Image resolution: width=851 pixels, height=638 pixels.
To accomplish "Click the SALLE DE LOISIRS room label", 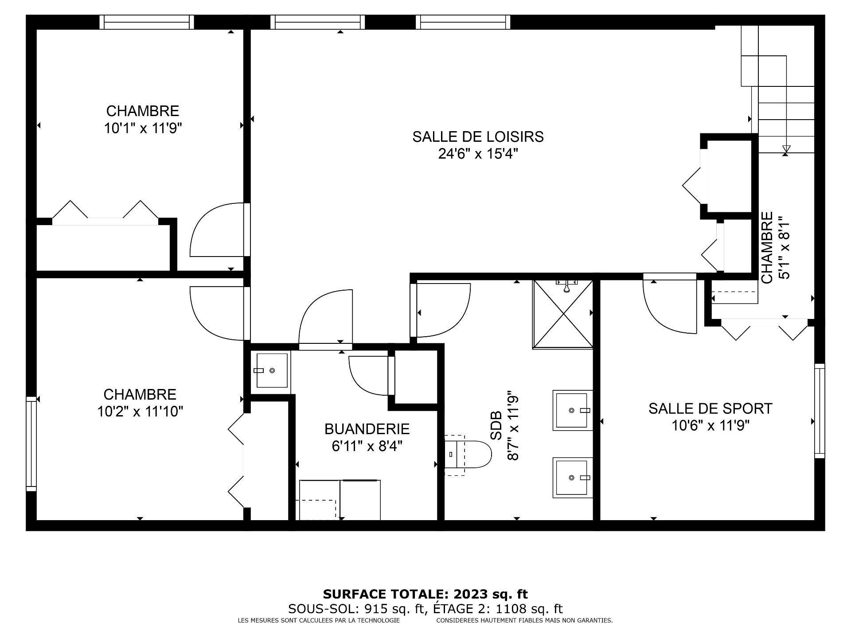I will [478, 136].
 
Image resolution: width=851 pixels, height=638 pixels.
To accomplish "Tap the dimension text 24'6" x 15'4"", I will [478, 154].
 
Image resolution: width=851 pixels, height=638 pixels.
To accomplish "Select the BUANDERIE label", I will [367, 429].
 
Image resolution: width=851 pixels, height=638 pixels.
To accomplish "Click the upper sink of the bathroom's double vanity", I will [572, 410].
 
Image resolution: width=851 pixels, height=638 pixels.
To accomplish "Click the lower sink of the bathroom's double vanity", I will [572, 478].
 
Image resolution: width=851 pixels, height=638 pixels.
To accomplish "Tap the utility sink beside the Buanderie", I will [271, 370].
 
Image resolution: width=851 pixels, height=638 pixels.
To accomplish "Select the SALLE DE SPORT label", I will [710, 408].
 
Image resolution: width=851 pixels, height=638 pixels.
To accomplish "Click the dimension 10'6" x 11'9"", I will [710, 426].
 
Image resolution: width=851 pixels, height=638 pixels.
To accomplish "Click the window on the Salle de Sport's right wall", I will [820, 411].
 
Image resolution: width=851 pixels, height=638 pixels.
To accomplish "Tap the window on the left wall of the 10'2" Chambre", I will [31, 443].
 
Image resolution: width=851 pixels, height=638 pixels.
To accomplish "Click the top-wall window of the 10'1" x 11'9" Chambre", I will [147, 22].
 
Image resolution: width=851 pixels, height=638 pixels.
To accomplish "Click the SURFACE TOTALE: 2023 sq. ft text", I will [425, 594].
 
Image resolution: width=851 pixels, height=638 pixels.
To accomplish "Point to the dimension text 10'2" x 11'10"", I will [140, 412].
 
